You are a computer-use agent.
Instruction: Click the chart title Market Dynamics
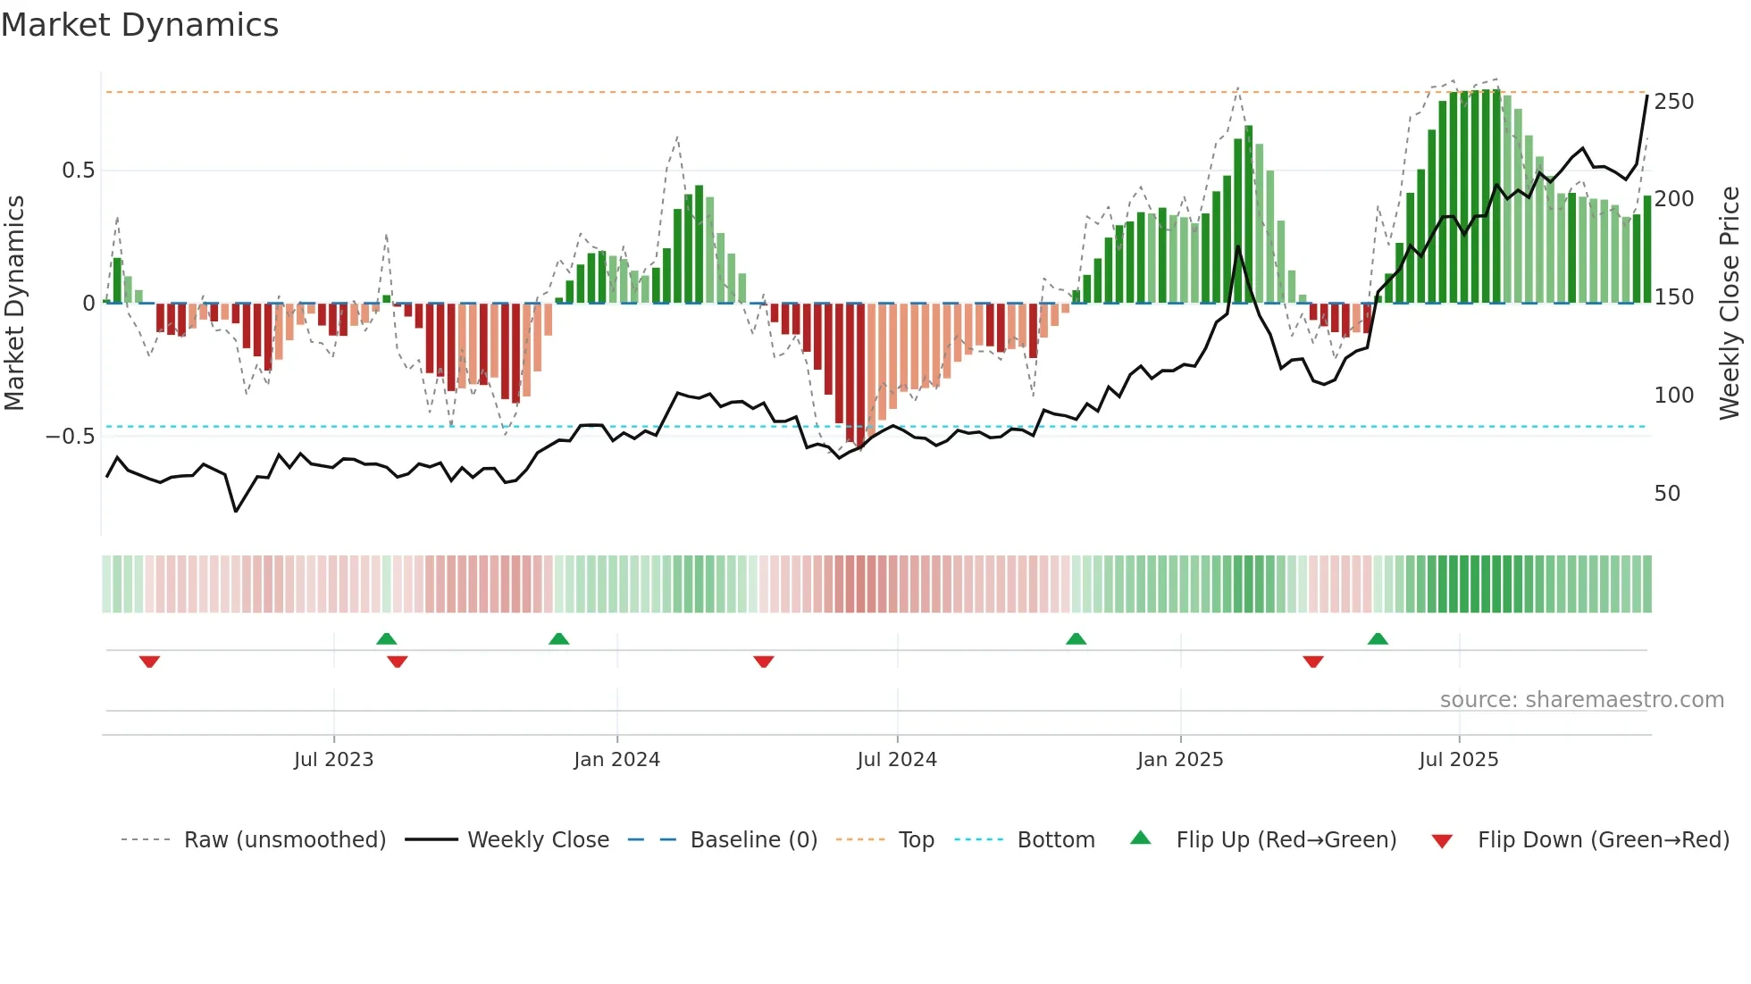tap(140, 25)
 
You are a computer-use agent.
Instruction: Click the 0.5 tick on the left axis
tap(78, 171)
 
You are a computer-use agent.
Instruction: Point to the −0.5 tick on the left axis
tap(71, 437)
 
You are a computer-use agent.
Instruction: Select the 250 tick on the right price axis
tap(1673, 102)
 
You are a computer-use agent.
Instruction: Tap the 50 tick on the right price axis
tap(1667, 494)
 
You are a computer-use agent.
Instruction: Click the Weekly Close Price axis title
tap(1730, 304)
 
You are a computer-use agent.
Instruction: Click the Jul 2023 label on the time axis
tap(333, 760)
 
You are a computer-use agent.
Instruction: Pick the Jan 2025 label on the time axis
tap(1179, 760)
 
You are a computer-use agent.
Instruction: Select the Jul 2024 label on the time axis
tap(896, 760)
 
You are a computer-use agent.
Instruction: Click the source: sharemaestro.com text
tap(1581, 700)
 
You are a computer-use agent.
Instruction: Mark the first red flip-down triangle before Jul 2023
tap(149, 662)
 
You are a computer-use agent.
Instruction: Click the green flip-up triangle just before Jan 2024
tap(558, 639)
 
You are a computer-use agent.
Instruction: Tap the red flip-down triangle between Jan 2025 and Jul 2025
tap(1312, 662)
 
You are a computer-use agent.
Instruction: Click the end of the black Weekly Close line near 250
tap(1646, 96)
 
